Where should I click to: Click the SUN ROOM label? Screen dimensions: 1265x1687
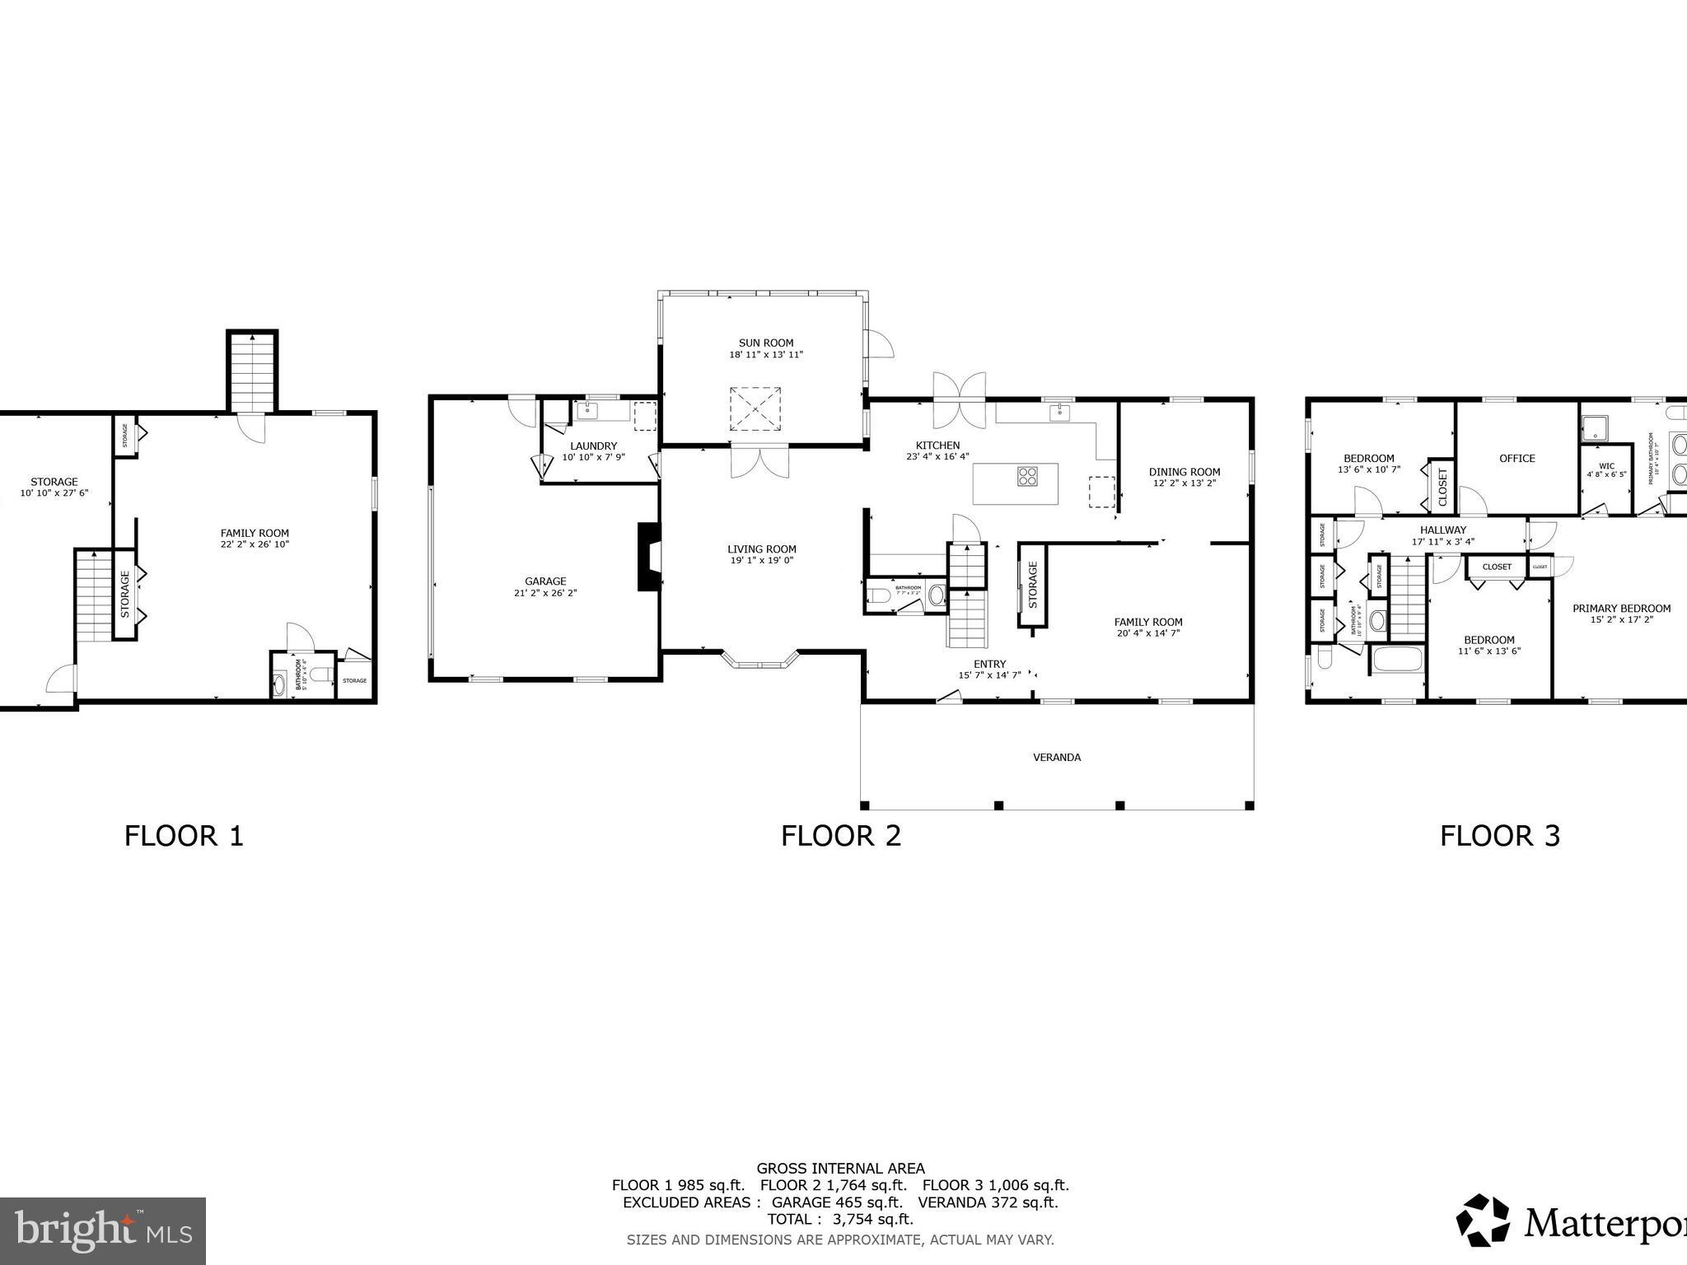point(765,343)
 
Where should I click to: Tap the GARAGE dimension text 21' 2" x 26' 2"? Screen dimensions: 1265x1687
point(544,593)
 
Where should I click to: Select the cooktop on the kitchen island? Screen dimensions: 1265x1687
point(1027,475)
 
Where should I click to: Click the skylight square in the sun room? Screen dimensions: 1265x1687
point(755,408)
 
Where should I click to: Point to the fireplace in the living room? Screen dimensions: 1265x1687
point(648,557)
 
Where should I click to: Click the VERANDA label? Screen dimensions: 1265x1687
point(1057,757)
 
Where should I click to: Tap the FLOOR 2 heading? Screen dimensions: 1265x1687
point(841,836)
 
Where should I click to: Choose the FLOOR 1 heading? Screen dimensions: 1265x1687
point(184,836)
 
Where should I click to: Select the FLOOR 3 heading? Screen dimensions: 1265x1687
point(1499,836)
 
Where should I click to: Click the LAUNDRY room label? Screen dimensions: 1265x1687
point(593,446)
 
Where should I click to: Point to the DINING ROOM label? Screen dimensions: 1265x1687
point(1184,472)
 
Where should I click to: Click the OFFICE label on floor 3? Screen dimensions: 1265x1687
point(1516,459)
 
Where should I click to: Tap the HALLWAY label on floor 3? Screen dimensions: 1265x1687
point(1442,530)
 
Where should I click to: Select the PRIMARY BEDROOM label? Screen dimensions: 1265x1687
point(1621,609)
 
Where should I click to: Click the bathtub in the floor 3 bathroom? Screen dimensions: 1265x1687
point(1397,659)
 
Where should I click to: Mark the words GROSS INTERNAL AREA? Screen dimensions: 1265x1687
point(840,1168)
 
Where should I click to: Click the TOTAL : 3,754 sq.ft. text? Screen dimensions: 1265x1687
point(840,1219)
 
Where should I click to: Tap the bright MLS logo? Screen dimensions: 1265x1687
point(103,1230)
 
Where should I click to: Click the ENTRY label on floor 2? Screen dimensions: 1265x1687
point(989,664)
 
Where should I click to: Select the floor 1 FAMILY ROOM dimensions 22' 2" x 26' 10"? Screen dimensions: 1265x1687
point(255,544)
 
